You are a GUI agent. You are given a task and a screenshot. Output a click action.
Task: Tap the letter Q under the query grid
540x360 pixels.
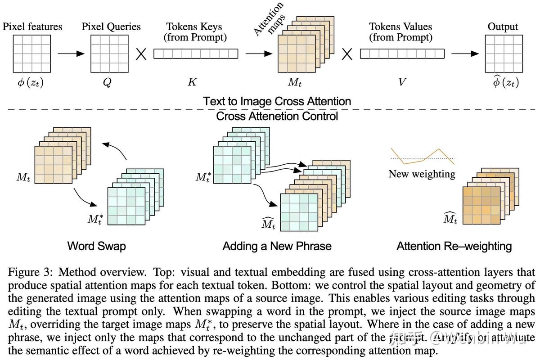107,83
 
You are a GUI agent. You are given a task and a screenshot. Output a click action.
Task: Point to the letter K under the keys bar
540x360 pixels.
192,83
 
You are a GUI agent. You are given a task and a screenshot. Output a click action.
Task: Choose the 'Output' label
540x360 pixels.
503,27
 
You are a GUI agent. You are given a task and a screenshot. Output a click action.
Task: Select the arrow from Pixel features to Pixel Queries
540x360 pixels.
71,54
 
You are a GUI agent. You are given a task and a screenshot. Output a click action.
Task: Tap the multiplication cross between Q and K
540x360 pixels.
141,54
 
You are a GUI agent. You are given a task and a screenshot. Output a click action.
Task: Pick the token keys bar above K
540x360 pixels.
195,54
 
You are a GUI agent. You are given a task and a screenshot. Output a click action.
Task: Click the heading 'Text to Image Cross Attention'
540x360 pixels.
277,101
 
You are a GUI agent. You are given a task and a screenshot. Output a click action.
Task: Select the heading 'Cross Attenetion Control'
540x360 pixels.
277,116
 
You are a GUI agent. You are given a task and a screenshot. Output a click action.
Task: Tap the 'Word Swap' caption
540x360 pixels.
96,246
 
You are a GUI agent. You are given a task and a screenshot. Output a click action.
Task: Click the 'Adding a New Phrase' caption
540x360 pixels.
277,246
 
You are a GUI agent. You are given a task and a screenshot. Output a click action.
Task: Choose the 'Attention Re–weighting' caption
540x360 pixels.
454,246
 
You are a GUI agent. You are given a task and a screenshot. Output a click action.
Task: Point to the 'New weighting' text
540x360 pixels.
422,174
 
